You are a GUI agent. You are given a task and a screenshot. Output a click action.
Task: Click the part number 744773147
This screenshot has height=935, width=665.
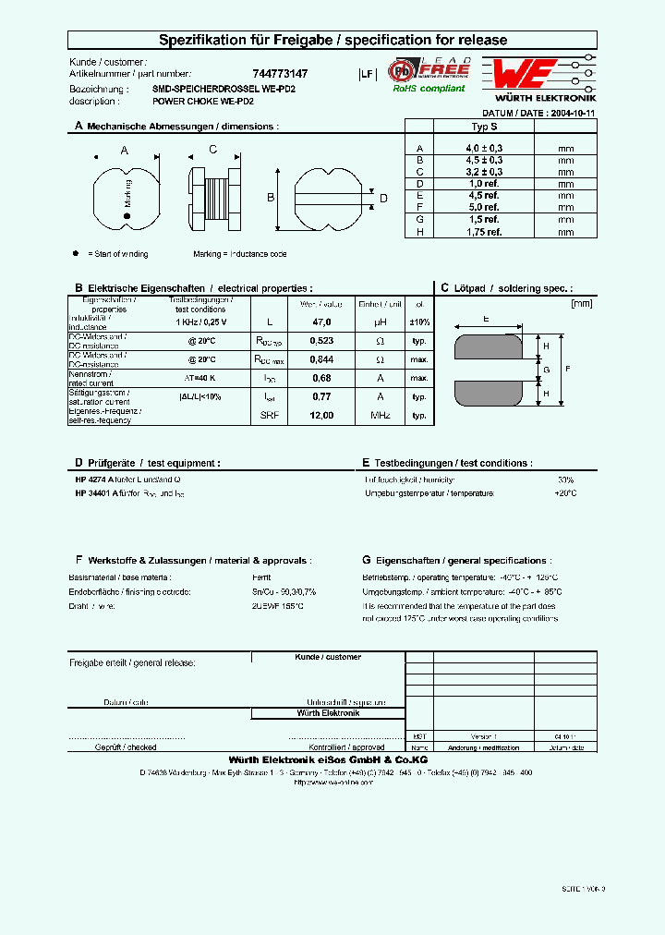point(280,73)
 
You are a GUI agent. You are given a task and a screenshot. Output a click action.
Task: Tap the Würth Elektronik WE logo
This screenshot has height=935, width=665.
point(523,73)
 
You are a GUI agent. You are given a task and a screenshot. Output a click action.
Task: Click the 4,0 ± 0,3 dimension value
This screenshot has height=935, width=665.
point(484,148)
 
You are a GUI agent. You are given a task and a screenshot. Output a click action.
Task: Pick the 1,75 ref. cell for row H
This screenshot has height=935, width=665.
point(484,232)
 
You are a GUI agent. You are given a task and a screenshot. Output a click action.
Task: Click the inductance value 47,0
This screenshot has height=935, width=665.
point(321,322)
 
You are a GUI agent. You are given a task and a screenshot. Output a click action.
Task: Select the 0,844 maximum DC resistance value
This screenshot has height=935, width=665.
point(321,359)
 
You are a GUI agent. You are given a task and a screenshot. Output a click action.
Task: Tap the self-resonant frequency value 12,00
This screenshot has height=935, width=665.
point(321,416)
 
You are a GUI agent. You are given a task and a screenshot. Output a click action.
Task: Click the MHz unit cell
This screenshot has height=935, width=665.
point(380,416)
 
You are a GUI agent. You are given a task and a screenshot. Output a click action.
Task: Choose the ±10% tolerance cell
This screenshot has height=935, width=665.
point(419,322)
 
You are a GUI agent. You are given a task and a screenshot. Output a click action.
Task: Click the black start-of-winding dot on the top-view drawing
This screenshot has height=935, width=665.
point(127,216)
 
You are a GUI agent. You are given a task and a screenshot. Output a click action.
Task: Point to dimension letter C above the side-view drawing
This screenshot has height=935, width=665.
point(212,150)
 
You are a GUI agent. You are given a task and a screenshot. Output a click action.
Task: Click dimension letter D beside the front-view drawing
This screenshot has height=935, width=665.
point(383,199)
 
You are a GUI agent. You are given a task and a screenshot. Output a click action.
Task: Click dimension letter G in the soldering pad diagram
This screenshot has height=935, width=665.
point(546,370)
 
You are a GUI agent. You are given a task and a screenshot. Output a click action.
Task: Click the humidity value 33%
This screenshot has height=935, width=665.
point(565,480)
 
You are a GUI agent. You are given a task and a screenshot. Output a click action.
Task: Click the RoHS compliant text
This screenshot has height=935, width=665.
point(429,89)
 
